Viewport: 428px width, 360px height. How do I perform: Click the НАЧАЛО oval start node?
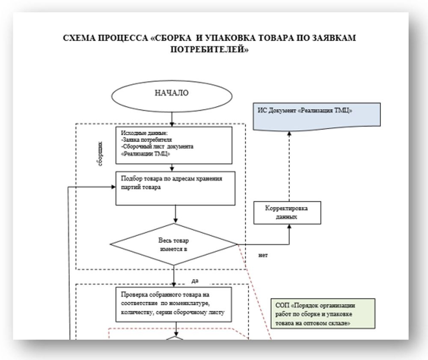[x=171, y=93]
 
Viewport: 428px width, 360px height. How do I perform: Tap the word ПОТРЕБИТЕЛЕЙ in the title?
[x=210, y=50]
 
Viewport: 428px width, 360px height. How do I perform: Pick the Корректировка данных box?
[x=287, y=212]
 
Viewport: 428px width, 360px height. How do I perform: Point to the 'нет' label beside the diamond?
[x=263, y=256]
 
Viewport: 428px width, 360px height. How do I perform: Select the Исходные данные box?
[x=174, y=145]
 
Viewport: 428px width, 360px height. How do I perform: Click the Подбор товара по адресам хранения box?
[x=176, y=188]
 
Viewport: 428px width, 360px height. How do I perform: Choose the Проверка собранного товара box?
[x=174, y=304]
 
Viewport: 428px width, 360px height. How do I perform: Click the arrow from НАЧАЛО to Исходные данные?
[x=171, y=117]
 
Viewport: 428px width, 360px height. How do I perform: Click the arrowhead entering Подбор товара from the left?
[x=113, y=187]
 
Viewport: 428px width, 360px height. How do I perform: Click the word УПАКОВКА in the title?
[x=226, y=38]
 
